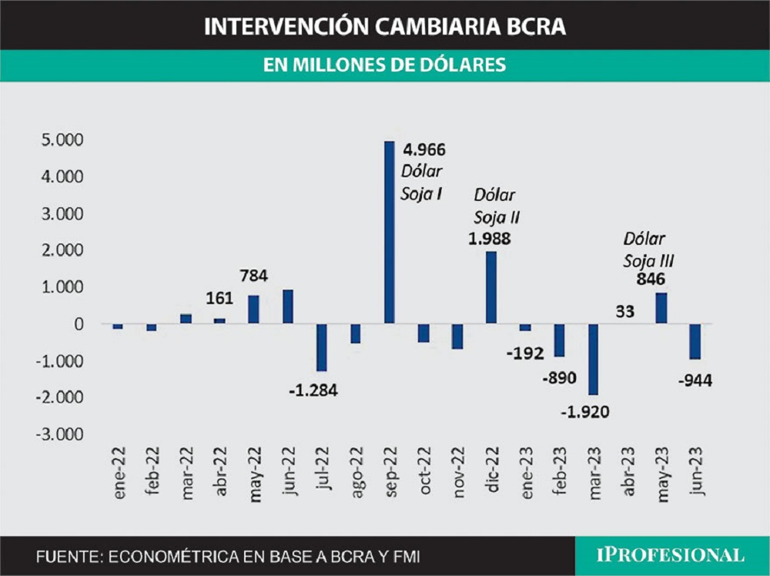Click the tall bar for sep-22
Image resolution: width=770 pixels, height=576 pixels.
(x=389, y=232)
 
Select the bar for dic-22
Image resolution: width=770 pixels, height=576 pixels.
(x=490, y=287)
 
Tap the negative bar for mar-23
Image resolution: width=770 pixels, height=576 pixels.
(x=593, y=359)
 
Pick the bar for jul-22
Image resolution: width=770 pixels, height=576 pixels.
(x=321, y=347)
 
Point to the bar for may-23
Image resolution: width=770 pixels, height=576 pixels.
(x=661, y=308)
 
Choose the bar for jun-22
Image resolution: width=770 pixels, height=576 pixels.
(x=288, y=306)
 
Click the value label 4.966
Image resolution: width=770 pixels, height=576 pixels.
(x=423, y=149)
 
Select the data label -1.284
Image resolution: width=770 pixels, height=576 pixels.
(x=313, y=389)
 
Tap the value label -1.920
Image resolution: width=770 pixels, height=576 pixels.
(x=584, y=411)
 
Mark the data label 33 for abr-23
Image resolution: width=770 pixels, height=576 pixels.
(x=625, y=313)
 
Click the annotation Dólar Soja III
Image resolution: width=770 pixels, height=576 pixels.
(x=644, y=249)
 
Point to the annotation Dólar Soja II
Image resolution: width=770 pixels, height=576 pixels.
(x=494, y=206)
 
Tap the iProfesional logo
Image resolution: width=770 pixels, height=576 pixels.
(x=671, y=556)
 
